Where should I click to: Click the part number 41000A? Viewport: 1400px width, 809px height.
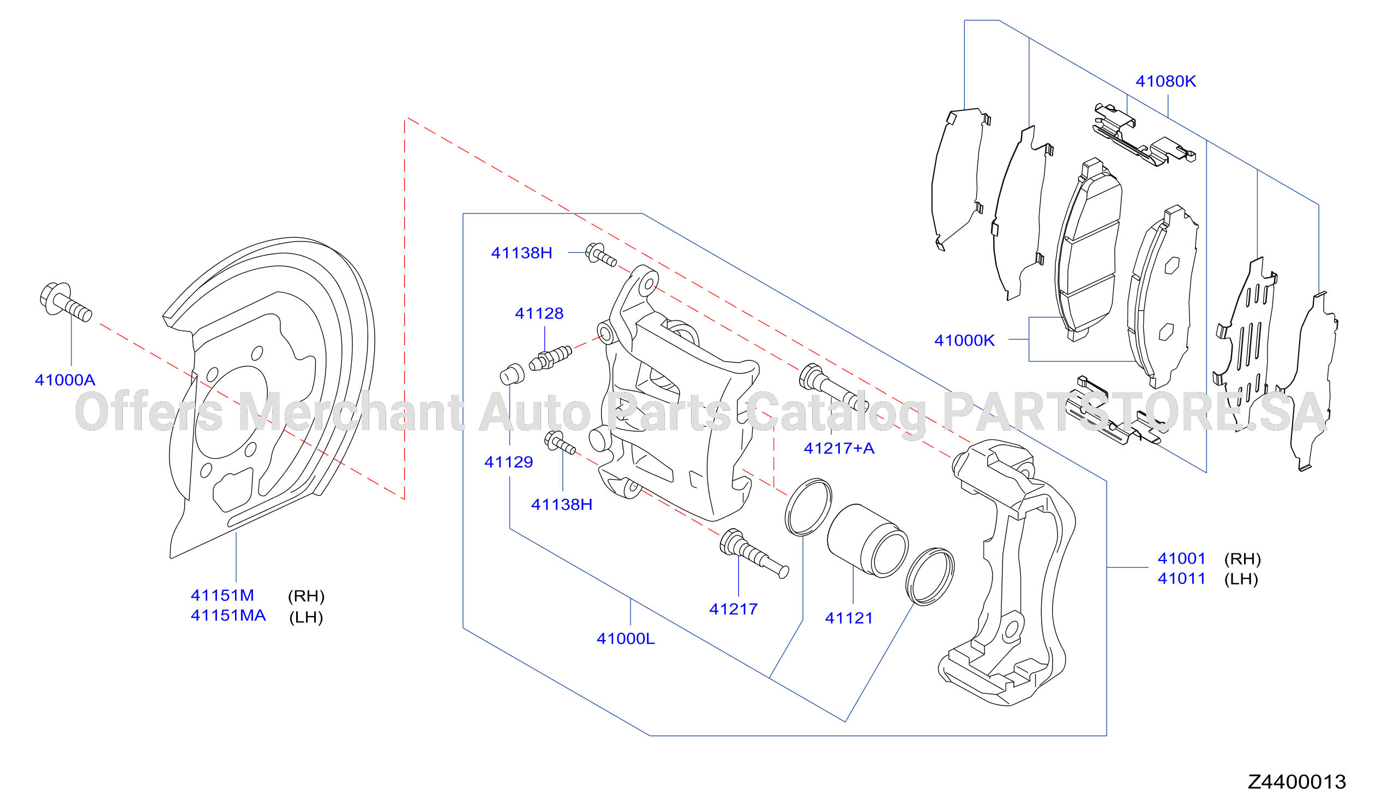[65, 381]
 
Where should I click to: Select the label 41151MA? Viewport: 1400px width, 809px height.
[229, 616]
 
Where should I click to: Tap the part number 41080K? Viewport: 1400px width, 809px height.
[1165, 82]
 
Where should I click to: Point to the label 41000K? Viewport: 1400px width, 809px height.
[964, 341]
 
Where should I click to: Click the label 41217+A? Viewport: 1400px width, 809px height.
[839, 449]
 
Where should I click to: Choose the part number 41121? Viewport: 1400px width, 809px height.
[849, 619]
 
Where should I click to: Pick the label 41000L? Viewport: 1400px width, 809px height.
[626, 639]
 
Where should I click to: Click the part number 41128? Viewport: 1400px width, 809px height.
[539, 313]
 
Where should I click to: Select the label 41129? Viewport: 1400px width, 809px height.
[508, 462]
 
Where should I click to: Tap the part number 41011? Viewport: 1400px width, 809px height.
[1182, 579]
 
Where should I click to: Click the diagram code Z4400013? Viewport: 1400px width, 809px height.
[1297, 782]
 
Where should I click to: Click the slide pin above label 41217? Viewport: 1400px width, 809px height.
[754, 553]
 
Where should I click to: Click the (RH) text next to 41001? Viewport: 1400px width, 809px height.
[1243, 559]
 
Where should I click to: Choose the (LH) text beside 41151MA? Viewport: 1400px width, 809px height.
[306, 618]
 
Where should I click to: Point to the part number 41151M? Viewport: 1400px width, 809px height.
[222, 596]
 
